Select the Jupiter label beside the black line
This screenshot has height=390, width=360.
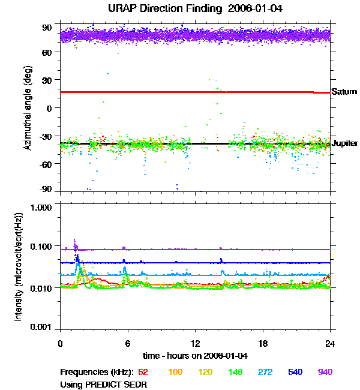coord(345,143)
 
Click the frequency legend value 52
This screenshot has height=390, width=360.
coord(143,373)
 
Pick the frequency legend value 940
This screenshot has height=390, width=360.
coord(325,373)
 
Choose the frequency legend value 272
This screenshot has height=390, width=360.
coord(265,373)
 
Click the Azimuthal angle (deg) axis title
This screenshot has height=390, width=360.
coord(28,109)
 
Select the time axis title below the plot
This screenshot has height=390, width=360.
coord(195,355)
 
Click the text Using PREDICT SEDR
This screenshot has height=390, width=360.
coord(104,384)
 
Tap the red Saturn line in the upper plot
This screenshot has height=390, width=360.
coord(180,92)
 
